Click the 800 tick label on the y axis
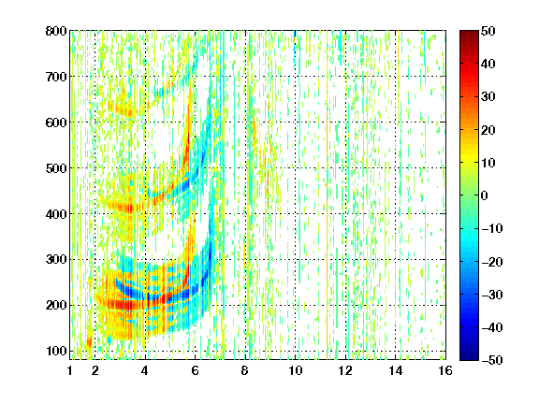[56, 31]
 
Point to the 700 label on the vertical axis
[56, 77]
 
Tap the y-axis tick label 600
[56, 123]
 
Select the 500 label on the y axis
[56, 168]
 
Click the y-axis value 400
[56, 214]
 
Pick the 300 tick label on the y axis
[56, 260]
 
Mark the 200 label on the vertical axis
[56, 305]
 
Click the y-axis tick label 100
[56, 351]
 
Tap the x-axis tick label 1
[70, 370]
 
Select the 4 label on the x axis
[145, 370]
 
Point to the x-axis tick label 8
[245, 370]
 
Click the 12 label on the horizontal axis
[345, 370]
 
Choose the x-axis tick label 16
[445, 370]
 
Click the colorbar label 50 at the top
[488, 31]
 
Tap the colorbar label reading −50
[492, 360]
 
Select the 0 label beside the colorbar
[485, 195]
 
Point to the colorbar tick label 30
[488, 97]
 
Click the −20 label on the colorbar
[492, 262]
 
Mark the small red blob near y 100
[89, 342]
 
